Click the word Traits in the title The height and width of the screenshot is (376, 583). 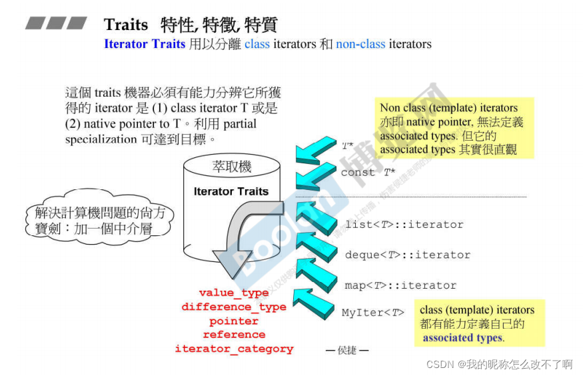(x=126, y=25)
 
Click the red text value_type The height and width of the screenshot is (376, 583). (x=233, y=293)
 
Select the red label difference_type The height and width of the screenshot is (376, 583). (x=233, y=307)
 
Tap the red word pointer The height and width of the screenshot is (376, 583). (x=233, y=321)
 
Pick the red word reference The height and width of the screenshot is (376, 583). (x=234, y=335)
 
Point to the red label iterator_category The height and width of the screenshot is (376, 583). (x=234, y=349)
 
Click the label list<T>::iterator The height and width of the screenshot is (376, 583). (x=404, y=225)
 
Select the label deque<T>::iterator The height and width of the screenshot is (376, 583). (x=407, y=255)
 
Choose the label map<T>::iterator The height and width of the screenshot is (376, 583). (x=400, y=285)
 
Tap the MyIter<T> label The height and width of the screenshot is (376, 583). (x=372, y=312)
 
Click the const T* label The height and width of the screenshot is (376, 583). (x=368, y=173)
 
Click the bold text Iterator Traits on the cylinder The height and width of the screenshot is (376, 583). (x=231, y=191)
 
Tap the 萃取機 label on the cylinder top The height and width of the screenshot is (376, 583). (x=232, y=167)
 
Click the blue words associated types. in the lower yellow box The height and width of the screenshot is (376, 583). (x=463, y=338)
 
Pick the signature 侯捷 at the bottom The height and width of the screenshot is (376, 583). (x=346, y=350)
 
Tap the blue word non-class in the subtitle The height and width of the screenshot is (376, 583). (x=360, y=45)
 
